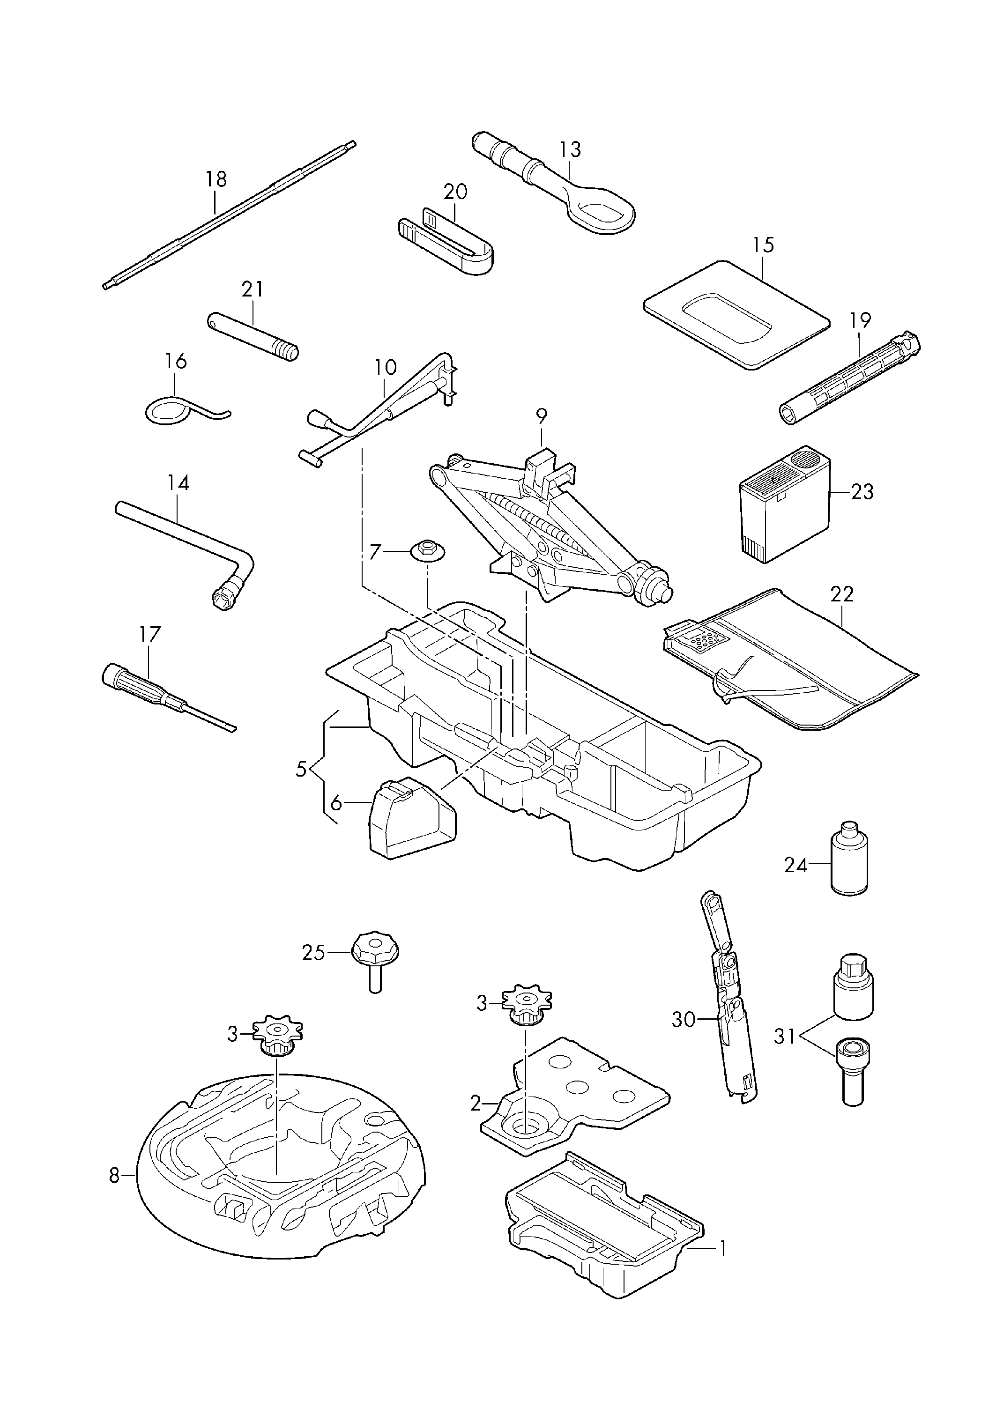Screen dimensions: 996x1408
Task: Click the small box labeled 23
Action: [785, 503]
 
